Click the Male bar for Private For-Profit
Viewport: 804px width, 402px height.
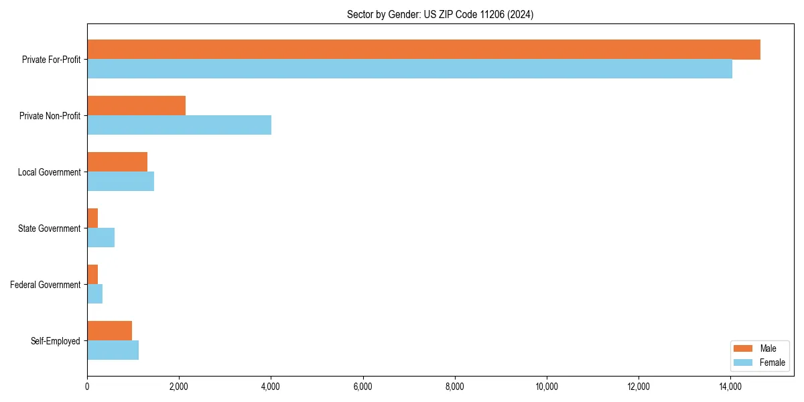tap(423, 50)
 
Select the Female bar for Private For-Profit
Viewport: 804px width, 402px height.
tap(409, 69)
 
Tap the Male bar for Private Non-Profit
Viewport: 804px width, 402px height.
tap(136, 106)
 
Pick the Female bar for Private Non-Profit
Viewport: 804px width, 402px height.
tap(179, 125)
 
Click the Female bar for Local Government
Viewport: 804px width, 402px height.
tap(121, 182)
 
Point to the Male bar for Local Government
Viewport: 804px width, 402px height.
tap(117, 162)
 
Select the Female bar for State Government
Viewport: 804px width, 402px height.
tap(100, 238)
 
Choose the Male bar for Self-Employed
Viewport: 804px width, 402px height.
tap(109, 330)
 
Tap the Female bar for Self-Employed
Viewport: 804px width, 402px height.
tap(113, 350)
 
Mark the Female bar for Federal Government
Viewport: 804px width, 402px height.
tap(94, 294)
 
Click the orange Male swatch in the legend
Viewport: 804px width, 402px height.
tap(744, 348)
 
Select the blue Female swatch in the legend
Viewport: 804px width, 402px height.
tap(744, 362)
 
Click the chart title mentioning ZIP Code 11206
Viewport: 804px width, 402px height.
tap(440, 14)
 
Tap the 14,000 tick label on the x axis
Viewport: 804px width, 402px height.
tap(730, 387)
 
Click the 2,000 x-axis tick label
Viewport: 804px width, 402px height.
tap(179, 387)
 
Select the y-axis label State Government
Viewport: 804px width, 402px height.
tap(49, 228)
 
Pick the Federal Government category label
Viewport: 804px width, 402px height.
tap(46, 285)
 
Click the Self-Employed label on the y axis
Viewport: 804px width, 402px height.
tap(56, 341)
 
